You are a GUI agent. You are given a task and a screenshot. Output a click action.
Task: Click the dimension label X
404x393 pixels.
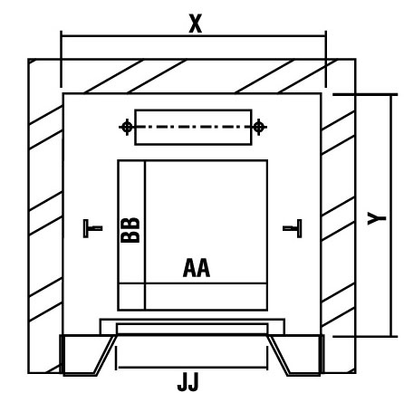tap(196, 24)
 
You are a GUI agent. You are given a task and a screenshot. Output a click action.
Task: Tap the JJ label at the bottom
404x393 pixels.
tap(188, 382)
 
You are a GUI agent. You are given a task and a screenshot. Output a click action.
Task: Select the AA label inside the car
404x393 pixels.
tap(197, 268)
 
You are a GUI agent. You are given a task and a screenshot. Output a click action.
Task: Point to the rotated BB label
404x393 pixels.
tap(130, 230)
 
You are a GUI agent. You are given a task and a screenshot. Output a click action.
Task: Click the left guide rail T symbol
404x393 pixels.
tap(92, 228)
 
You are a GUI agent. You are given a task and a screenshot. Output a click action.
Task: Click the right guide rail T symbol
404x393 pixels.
tap(293, 228)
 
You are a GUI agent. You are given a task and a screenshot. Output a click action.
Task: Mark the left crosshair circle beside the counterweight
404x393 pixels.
tap(127, 127)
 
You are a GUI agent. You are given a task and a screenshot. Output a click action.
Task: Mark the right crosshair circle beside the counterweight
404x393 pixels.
tap(258, 127)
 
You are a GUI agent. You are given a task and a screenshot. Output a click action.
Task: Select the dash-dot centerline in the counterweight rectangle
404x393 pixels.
tap(193, 127)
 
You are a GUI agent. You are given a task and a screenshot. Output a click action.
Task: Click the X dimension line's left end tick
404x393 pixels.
tap(62, 59)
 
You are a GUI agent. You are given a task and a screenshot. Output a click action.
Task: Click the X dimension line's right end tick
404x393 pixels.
tap(326, 59)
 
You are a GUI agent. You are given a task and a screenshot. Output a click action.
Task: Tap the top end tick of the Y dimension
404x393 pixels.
tap(365, 95)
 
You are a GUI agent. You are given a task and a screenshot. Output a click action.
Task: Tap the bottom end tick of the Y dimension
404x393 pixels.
tap(365, 336)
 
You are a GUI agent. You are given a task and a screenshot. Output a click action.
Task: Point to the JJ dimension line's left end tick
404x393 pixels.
tap(116, 358)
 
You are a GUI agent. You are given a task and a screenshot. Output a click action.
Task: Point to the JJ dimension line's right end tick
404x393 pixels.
tap(267, 358)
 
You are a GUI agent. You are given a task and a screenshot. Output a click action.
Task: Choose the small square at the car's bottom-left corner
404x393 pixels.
tap(131, 297)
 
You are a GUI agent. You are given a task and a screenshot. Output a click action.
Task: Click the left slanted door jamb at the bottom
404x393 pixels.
tap(105, 355)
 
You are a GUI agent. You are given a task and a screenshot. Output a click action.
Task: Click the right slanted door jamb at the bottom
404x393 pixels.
tap(278, 355)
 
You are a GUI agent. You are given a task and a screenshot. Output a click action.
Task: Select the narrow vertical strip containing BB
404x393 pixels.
tap(131, 222)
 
